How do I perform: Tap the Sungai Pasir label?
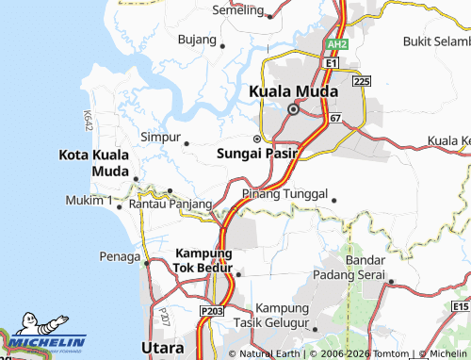click(x=257, y=154)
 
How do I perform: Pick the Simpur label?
click(x=160, y=138)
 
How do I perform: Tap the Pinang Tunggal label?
click(x=284, y=194)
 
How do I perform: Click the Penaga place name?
click(x=120, y=255)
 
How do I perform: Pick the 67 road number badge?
click(x=335, y=118)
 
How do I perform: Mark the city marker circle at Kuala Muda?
click(x=293, y=109)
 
